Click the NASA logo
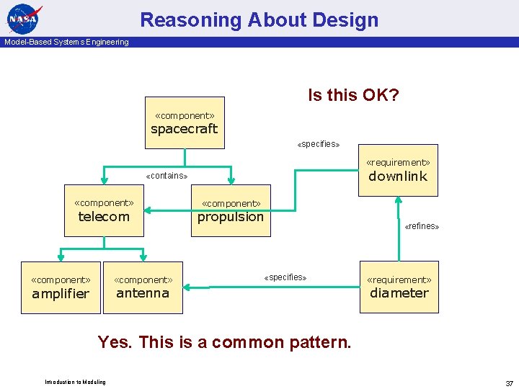[x=25, y=19]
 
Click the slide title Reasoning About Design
[x=259, y=20]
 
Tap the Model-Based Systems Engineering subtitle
[x=66, y=42]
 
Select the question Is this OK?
[x=353, y=95]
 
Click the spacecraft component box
[x=185, y=122]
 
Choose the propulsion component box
[x=231, y=210]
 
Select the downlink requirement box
[x=398, y=170]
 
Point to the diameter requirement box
[x=399, y=287]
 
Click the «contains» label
[x=167, y=176]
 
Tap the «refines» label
[x=422, y=226]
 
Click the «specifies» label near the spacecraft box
[x=319, y=144]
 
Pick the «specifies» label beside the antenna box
[x=285, y=277]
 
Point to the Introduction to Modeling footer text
[x=75, y=382]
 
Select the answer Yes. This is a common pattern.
[x=224, y=341]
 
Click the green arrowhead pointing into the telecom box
[x=146, y=211]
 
